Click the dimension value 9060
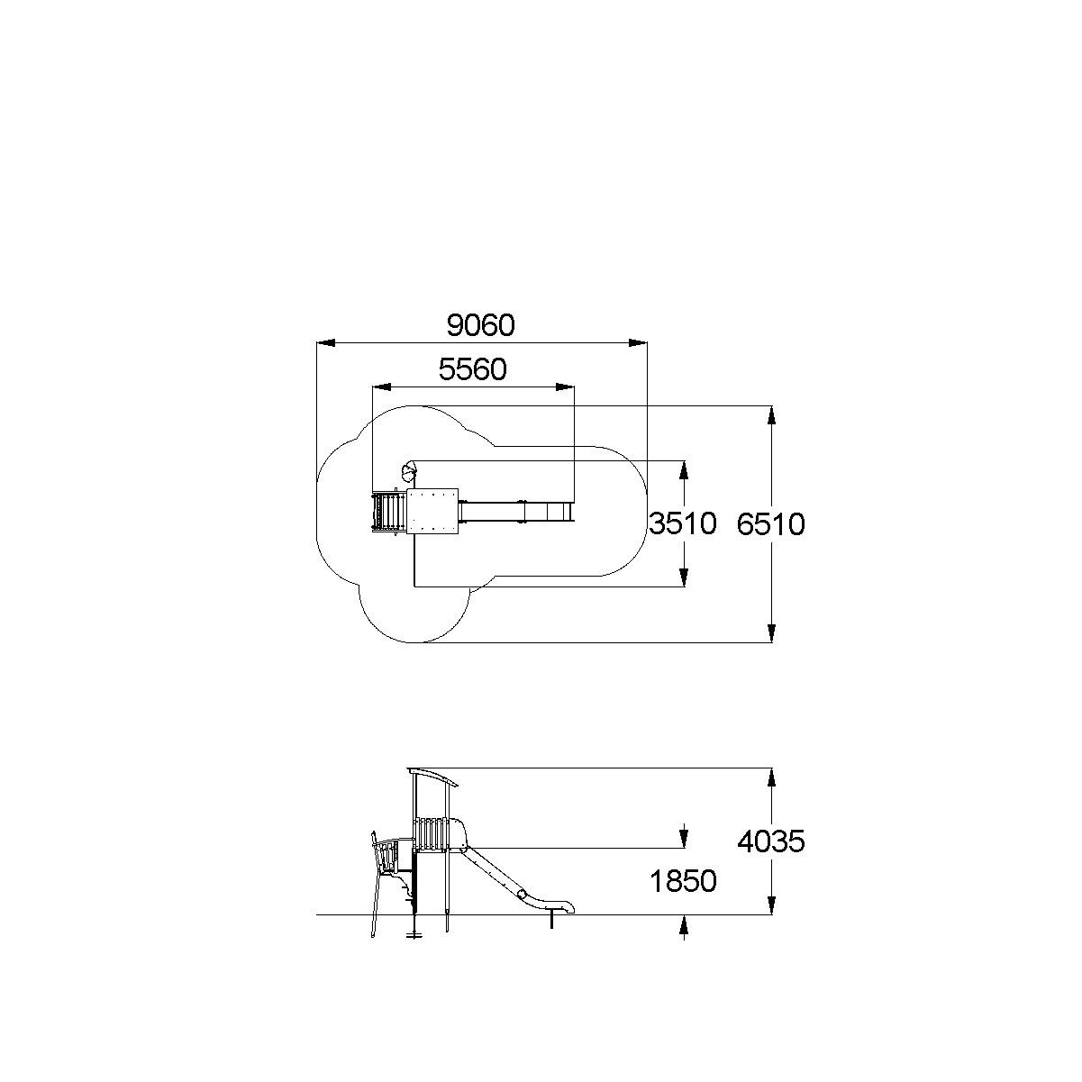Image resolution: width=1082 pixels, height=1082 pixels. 481,325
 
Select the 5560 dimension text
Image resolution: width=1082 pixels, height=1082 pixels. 473,369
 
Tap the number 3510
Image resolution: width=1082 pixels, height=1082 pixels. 683,523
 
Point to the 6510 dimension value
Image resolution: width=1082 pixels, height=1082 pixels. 771,524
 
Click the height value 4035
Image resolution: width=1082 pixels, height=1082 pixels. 771,841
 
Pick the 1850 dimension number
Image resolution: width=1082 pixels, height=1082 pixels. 683,882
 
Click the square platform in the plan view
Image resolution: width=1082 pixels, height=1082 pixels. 432,511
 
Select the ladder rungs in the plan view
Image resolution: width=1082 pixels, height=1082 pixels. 388,512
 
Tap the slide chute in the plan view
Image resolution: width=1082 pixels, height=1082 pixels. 515,512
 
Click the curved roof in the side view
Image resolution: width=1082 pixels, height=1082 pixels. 433,776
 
